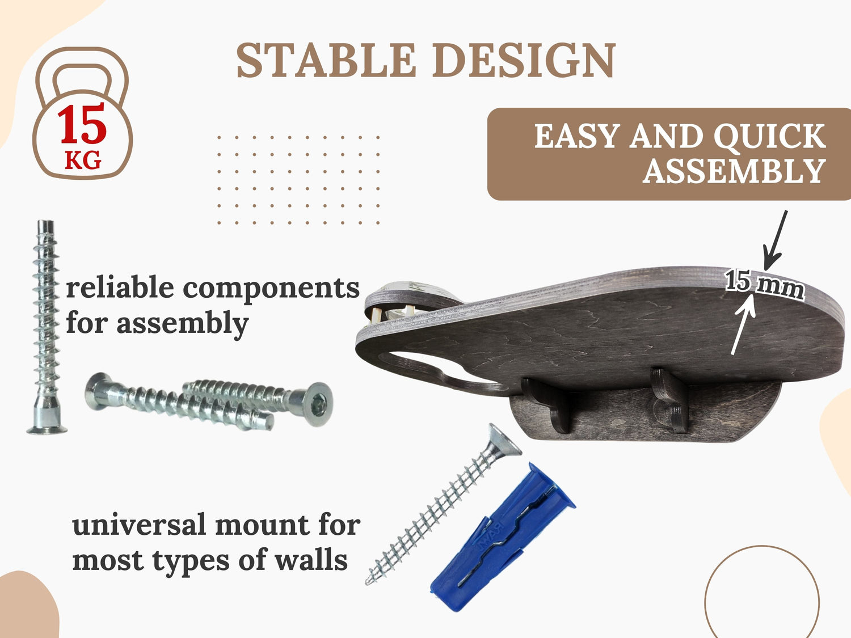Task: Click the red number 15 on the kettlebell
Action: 82,124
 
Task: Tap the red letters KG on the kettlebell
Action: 83,160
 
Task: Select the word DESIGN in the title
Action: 524,60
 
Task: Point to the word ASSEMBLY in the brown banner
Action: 734,171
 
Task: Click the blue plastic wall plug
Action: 503,537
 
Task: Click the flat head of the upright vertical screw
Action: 47,430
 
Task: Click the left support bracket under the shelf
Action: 547,405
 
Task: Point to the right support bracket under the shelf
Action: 670,399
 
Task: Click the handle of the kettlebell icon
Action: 82,68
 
